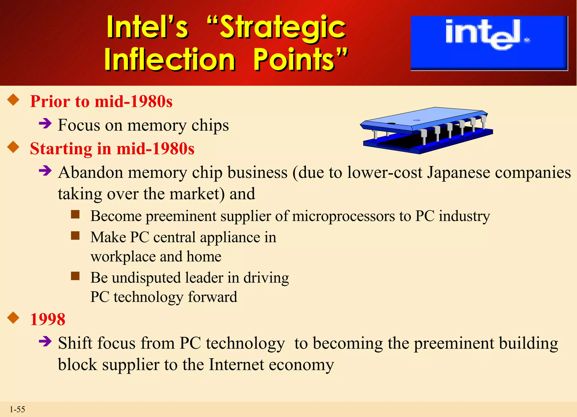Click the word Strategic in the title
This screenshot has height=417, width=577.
283,28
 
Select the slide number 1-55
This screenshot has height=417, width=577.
17,409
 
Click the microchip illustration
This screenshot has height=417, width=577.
427,130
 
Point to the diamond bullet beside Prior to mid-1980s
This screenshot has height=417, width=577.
13,100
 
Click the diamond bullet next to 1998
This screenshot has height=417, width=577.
13,318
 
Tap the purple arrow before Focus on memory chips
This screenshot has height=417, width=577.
45,123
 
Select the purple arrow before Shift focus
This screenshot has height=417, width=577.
45,341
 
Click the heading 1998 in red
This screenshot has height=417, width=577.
48,319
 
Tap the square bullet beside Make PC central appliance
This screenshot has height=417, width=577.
75,235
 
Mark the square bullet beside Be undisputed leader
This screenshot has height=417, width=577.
75,276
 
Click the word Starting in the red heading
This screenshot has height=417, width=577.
61,149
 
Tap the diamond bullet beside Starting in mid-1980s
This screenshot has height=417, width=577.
13,147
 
